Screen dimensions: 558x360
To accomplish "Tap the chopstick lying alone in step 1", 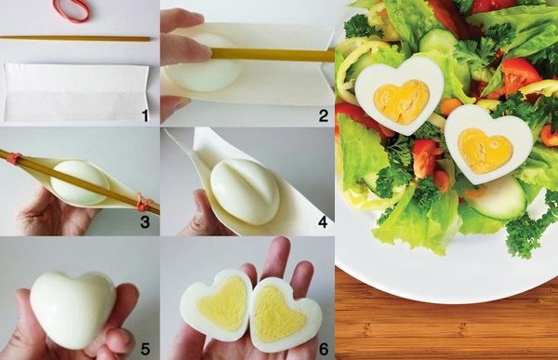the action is [x=74, y=38].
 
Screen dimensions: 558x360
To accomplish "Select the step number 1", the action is [x=145, y=115].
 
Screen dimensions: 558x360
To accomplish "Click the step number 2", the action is [x=323, y=115].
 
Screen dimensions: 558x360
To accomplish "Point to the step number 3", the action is [x=145, y=221].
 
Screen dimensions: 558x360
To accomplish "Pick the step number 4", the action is [x=323, y=221].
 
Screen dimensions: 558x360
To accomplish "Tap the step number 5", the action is [x=145, y=349].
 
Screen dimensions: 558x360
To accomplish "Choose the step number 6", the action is [x=323, y=349].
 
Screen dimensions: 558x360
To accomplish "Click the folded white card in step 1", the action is [x=75, y=92].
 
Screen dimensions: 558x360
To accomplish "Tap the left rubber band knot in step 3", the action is [x=14, y=158].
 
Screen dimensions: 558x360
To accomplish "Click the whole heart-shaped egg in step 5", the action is [x=73, y=308].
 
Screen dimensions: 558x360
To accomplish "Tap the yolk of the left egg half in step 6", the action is [x=221, y=303].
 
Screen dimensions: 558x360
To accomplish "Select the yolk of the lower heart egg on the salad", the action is [x=485, y=150].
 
